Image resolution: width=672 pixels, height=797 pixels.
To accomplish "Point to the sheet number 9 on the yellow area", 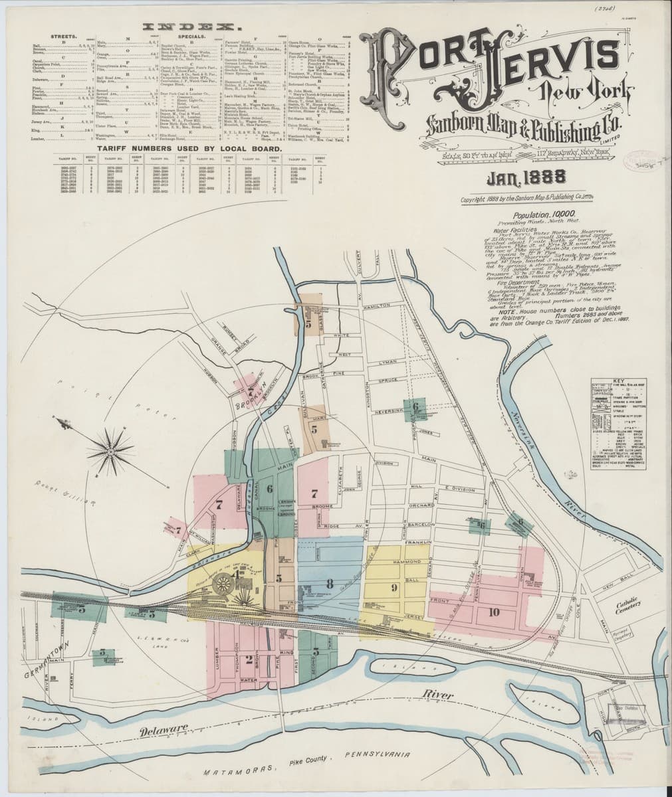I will pyautogui.click(x=393, y=586).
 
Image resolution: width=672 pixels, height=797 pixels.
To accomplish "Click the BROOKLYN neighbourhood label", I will pyautogui.click(x=253, y=393).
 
